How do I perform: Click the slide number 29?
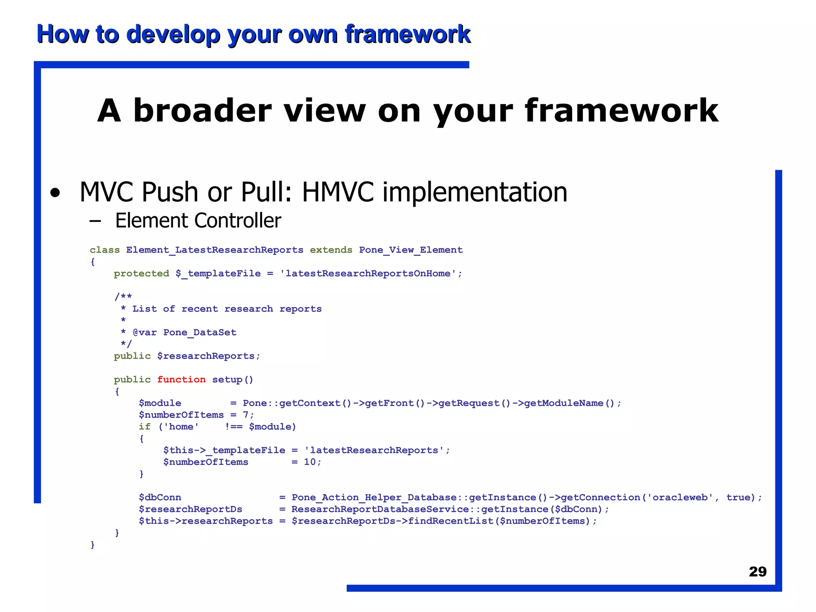tap(757, 571)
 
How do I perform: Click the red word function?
tap(181, 379)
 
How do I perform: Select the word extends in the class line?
tap(331, 250)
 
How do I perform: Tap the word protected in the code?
tap(141, 273)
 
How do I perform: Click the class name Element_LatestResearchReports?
tap(215, 250)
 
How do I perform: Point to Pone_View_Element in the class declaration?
tap(411, 250)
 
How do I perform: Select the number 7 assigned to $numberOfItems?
tap(246, 415)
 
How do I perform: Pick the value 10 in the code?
tap(310, 462)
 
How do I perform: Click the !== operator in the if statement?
tap(233, 427)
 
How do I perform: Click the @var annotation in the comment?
tap(145, 332)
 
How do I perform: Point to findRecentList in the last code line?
tap(451, 521)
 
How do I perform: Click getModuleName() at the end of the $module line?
tap(570, 403)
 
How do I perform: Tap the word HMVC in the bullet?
tap(337, 192)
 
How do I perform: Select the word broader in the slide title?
tap(202, 111)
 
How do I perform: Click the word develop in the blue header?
tap(173, 34)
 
